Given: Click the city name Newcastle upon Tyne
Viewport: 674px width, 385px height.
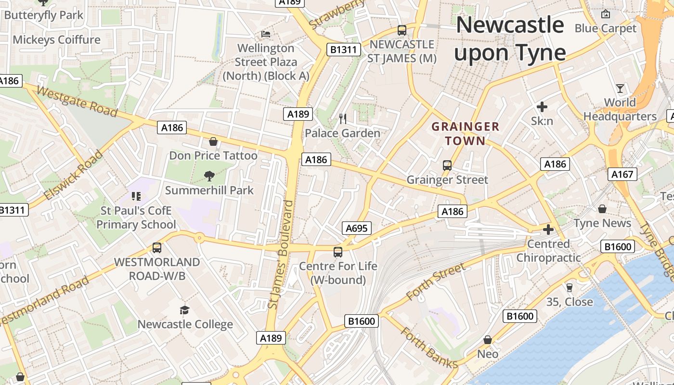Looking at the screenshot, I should (509, 38).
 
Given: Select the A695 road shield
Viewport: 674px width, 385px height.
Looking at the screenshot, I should (357, 228).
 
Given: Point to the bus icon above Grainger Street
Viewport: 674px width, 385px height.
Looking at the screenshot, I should (447, 166).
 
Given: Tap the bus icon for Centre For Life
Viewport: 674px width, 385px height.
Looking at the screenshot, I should (338, 252).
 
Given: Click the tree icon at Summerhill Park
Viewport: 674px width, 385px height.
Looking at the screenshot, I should (209, 176).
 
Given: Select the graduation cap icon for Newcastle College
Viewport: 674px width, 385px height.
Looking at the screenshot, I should (185, 310).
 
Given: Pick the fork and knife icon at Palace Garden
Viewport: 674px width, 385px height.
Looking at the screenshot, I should (343, 118).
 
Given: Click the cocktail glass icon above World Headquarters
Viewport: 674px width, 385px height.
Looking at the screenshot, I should (620, 89).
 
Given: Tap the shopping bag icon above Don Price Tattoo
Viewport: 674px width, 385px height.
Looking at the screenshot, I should (213, 141).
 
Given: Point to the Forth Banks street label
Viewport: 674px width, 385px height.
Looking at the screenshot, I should (429, 348).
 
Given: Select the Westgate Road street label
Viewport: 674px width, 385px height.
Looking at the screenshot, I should (77, 102).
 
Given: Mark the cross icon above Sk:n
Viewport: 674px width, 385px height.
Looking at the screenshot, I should (542, 107).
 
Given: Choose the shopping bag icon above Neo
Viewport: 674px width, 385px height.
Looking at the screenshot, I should (488, 340).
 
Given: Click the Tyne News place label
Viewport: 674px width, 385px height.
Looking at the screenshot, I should (602, 223).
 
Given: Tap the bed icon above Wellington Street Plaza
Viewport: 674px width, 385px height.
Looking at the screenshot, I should (266, 34).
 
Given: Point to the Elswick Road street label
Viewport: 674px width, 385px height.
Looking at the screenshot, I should (73, 175).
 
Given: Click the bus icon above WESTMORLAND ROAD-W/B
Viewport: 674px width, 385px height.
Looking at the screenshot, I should (157, 248).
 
